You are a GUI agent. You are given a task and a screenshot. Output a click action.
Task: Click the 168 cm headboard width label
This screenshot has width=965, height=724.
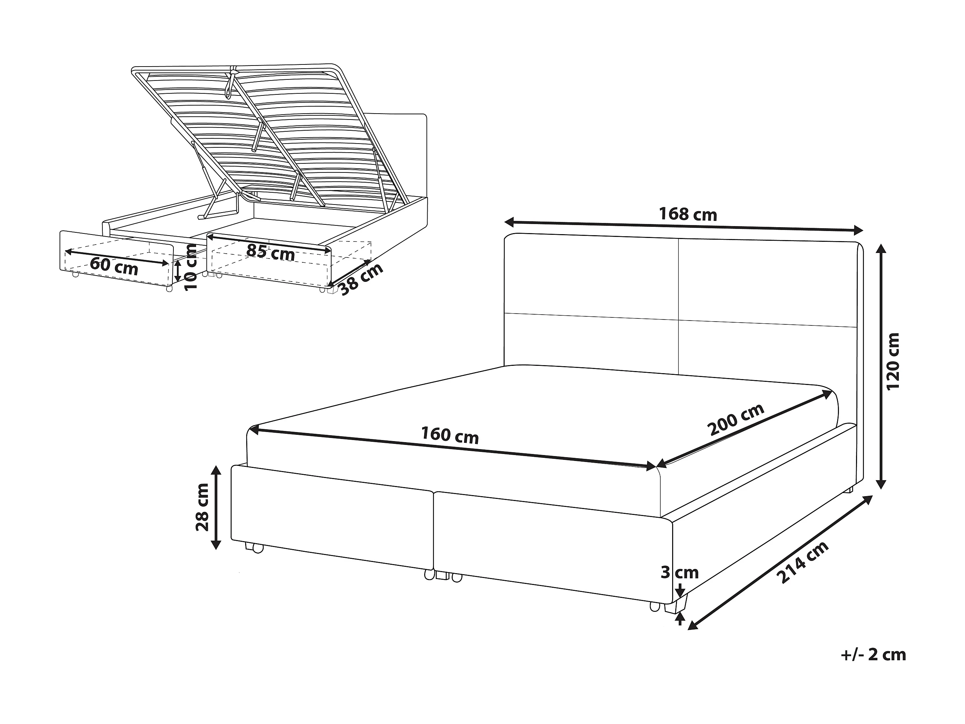point(687,214)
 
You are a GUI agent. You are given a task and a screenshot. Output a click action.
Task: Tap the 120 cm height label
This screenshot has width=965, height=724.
point(893,361)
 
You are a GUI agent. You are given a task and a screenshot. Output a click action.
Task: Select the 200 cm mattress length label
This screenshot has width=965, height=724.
point(737,419)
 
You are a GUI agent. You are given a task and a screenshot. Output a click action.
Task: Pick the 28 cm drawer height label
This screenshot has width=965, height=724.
point(202,507)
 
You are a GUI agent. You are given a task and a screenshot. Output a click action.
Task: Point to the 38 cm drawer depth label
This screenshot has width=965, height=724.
point(361,279)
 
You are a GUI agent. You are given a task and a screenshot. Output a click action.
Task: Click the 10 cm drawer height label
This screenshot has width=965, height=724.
point(190,268)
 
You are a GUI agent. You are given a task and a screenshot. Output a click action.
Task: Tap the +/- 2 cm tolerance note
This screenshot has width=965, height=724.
point(873,667)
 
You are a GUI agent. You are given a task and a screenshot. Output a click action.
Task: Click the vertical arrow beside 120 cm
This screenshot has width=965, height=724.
point(881,366)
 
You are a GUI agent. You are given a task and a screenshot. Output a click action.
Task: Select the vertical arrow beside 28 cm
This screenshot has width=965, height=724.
point(216,507)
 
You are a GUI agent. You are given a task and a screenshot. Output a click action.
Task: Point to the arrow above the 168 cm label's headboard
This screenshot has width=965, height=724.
point(684,226)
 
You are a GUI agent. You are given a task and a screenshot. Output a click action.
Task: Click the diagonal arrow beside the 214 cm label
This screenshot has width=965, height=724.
point(780,563)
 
